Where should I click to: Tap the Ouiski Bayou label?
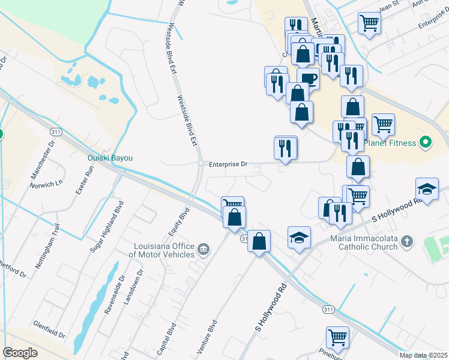coord(110,158)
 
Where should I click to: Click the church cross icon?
coord(407,242)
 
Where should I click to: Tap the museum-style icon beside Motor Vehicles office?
coord(203,249)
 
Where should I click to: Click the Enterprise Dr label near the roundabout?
coord(228,164)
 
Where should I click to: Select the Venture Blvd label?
coord(206,336)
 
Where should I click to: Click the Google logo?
coord(20,353)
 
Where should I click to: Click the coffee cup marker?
coord(308,78)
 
